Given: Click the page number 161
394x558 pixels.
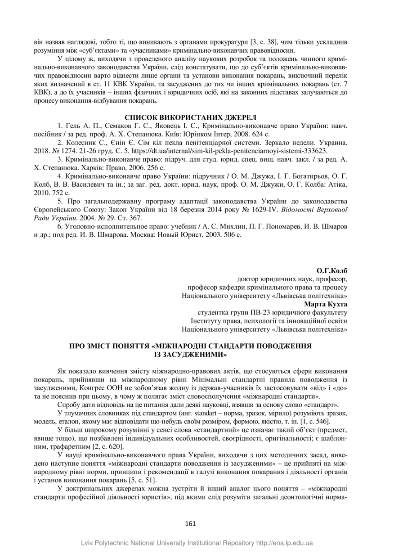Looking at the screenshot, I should click(x=191, y=523).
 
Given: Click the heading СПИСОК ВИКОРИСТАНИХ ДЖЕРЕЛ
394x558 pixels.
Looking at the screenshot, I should click(x=191, y=118).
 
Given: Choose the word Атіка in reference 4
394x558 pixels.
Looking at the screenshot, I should click(x=336, y=184).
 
